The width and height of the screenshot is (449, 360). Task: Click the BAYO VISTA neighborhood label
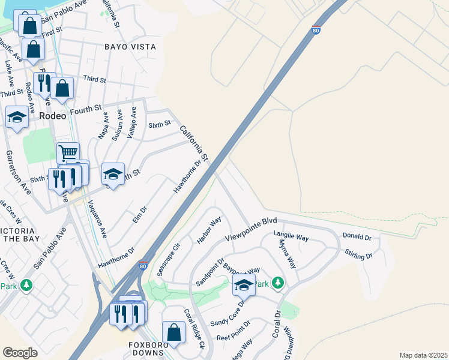tap(130, 47)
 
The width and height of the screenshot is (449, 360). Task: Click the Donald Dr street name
tap(357, 238)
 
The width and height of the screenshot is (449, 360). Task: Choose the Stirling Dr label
tap(359, 256)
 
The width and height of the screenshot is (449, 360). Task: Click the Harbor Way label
tap(209, 230)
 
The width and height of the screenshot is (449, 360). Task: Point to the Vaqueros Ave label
tap(97, 218)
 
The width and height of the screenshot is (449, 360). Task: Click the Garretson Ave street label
tap(19, 172)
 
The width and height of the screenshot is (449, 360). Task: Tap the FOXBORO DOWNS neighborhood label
tap(146, 349)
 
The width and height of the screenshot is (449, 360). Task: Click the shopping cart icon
tap(68, 152)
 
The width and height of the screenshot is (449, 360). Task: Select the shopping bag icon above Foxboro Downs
tap(173, 332)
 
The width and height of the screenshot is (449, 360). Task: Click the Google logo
tap(21, 353)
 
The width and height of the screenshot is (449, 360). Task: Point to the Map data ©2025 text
tap(423, 355)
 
